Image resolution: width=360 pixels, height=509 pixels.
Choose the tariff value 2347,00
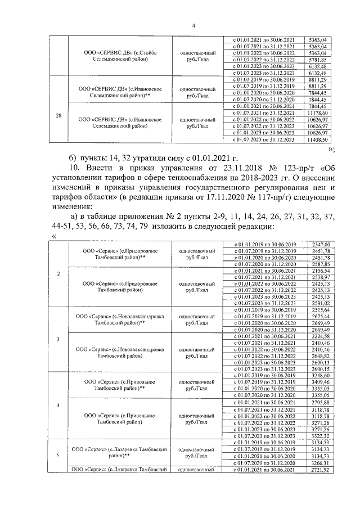click(319, 244)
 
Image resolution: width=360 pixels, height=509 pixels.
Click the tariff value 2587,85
click(319, 264)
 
